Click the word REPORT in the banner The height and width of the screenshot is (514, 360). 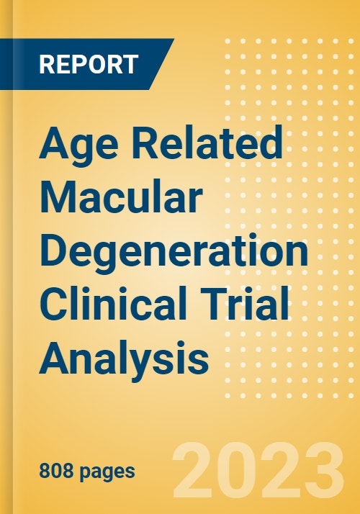[88, 64]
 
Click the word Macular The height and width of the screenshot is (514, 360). [120, 197]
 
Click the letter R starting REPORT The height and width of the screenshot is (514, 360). [44, 64]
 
